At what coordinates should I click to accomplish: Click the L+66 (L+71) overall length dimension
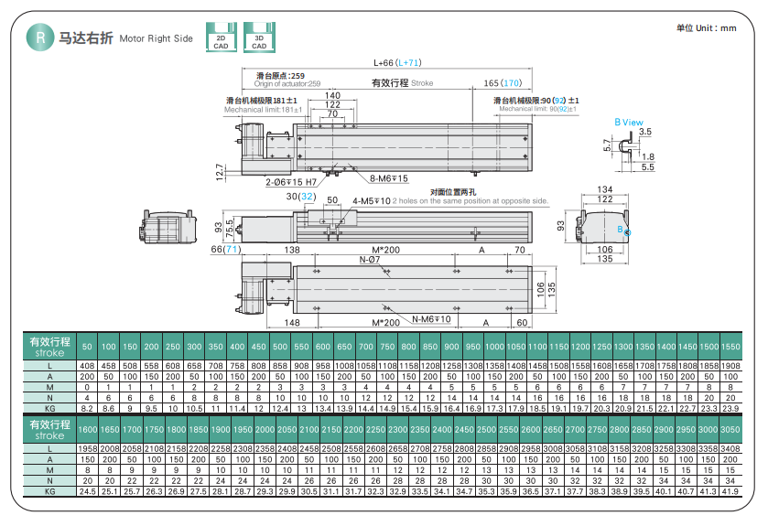tap(397, 62)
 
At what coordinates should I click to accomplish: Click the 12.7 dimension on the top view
tap(220, 171)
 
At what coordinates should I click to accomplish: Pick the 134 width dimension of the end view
tap(604, 188)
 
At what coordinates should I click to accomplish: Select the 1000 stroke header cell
tap(494, 347)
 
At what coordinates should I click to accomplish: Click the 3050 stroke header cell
tap(730, 430)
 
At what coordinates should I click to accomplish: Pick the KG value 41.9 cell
tap(730, 491)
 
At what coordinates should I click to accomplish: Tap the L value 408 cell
tap(87, 366)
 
